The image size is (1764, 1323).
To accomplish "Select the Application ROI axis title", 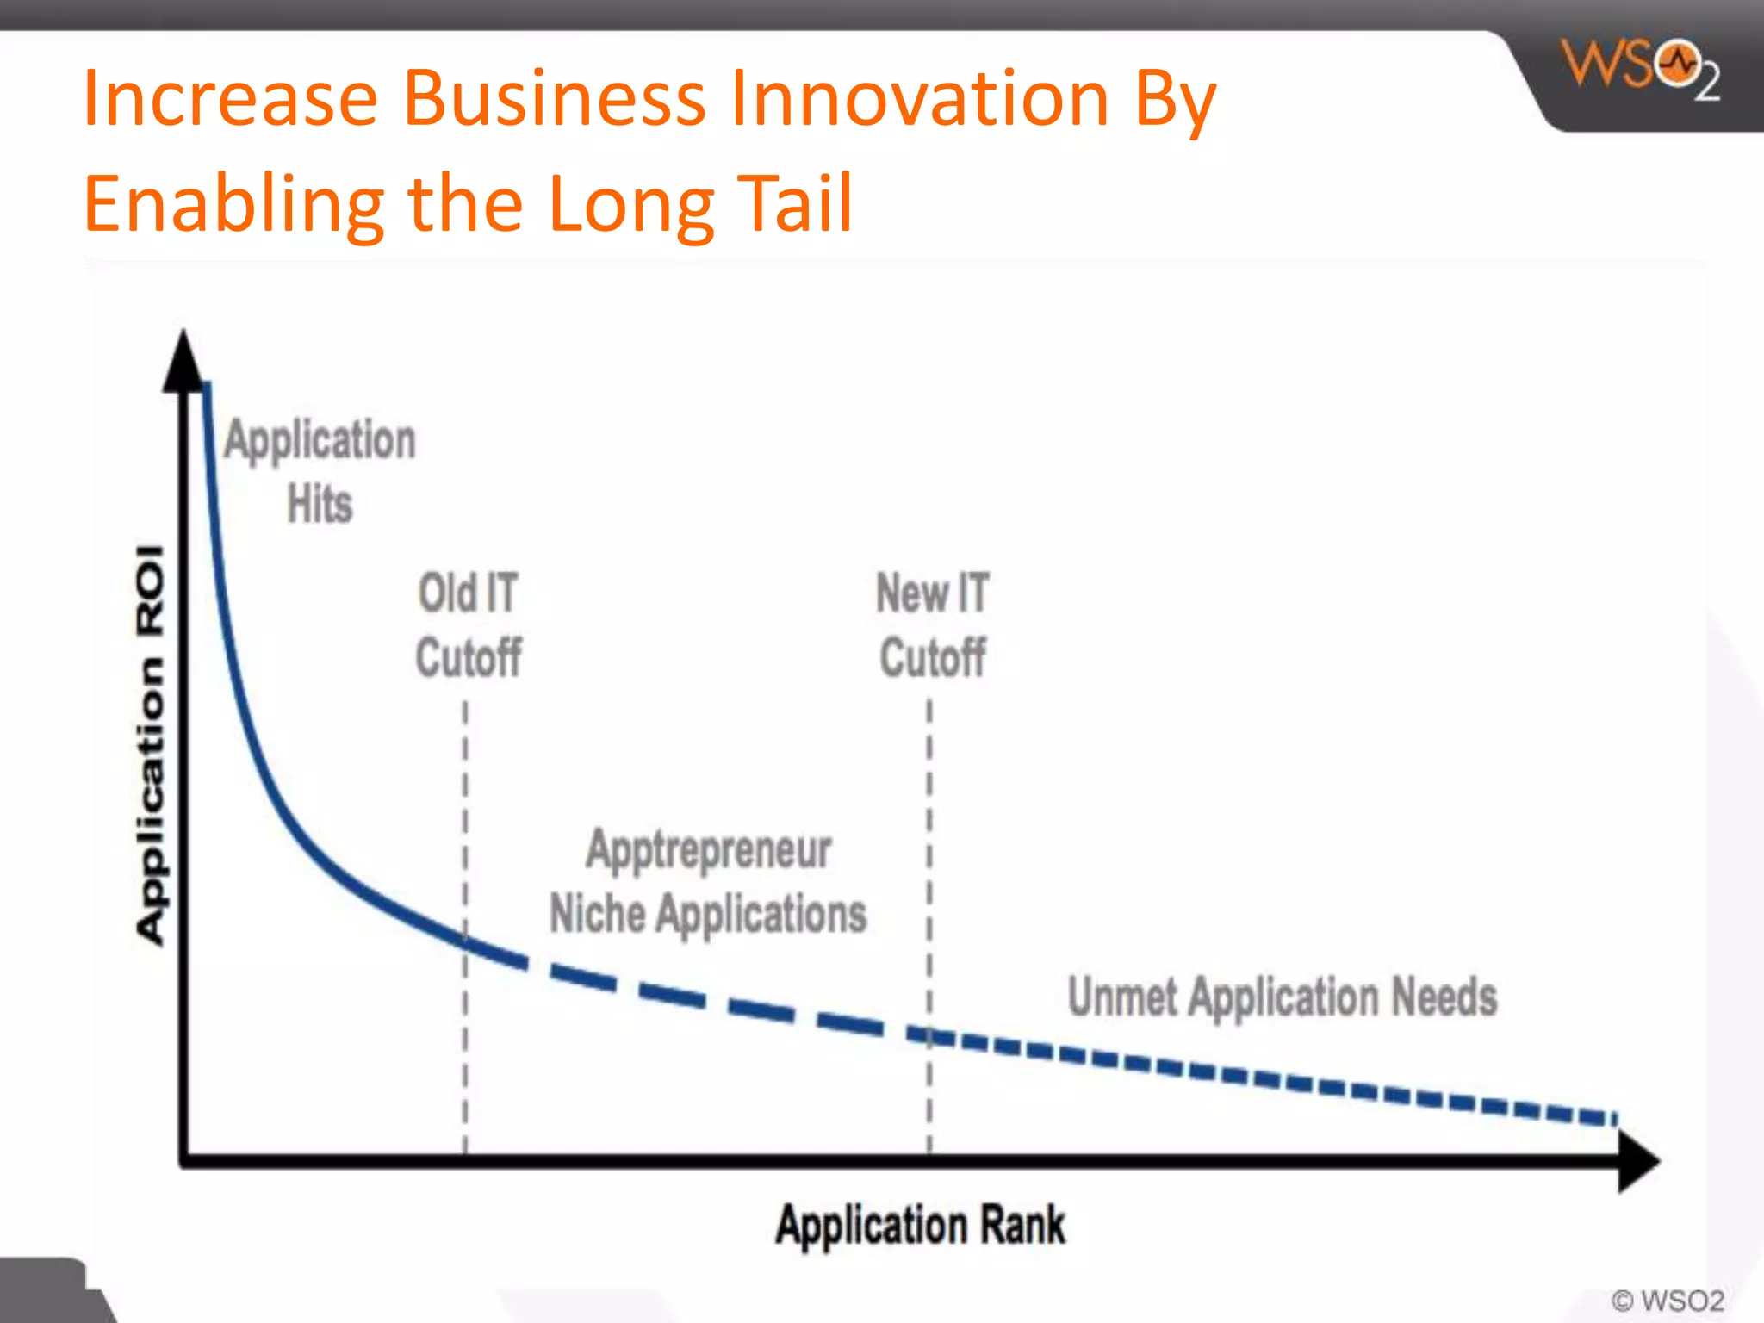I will point(150,745).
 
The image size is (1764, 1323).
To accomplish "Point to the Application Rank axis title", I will point(920,1225).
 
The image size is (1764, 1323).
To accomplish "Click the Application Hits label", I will point(320,470).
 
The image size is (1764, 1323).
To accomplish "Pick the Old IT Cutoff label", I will point(469,625).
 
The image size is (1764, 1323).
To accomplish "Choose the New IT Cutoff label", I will point(933,625).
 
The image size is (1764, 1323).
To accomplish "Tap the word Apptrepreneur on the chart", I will point(708,849).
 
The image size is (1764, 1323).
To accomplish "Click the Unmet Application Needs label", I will point(1282,997).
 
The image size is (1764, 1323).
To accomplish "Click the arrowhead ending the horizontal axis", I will point(1638,1161).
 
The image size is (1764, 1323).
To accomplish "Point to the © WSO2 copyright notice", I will point(1668,1300).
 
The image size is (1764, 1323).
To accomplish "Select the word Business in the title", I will point(555,98).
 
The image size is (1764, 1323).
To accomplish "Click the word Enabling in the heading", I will point(233,205).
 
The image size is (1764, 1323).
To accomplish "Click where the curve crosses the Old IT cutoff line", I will point(465,941).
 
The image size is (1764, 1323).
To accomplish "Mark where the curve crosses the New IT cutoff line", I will point(929,1036).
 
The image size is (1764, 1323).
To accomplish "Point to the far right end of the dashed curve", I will point(1612,1119).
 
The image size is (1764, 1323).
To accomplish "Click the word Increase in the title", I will point(230,98).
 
